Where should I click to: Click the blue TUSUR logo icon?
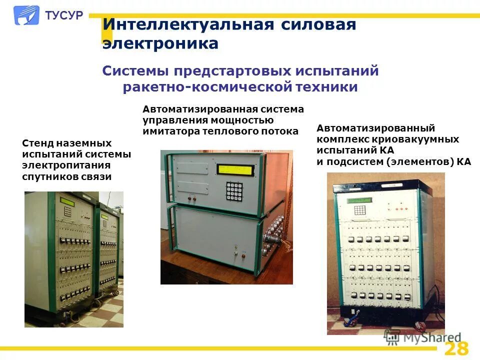[26, 15]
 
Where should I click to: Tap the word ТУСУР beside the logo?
[64, 15]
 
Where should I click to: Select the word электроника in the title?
[160, 44]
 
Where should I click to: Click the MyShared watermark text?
[430, 338]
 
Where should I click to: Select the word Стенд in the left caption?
[37, 143]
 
